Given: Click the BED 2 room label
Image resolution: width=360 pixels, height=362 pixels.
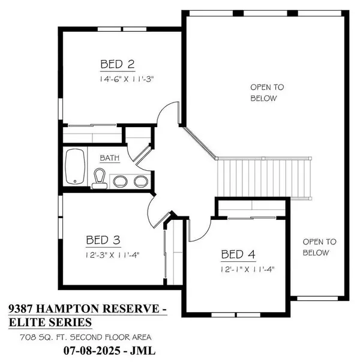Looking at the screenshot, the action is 118,64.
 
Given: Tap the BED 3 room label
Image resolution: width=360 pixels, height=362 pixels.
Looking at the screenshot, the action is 103,240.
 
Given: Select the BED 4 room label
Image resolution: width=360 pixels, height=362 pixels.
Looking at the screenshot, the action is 238,254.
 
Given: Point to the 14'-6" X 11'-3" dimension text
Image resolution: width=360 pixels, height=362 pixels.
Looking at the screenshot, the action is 127,79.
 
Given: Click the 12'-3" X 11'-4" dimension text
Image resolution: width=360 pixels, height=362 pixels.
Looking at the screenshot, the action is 113,255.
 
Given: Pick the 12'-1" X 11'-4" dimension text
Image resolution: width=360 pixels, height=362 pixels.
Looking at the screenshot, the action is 247,269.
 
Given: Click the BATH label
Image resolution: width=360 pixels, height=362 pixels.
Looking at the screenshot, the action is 110,158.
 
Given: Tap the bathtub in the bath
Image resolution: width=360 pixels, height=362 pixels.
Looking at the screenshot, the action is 75,167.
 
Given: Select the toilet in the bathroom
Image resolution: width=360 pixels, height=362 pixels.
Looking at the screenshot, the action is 100,179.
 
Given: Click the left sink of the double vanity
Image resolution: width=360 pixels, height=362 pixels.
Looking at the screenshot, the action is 120,182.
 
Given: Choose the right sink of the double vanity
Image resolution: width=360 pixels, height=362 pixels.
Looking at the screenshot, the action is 141,182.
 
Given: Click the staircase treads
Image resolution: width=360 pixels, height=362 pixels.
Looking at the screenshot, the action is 263,178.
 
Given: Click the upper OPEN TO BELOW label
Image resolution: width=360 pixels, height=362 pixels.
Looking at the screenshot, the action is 268,93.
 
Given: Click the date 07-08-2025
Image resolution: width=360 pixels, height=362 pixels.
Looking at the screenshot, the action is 92,351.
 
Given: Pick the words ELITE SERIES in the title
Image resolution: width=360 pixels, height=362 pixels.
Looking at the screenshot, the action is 50,322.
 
